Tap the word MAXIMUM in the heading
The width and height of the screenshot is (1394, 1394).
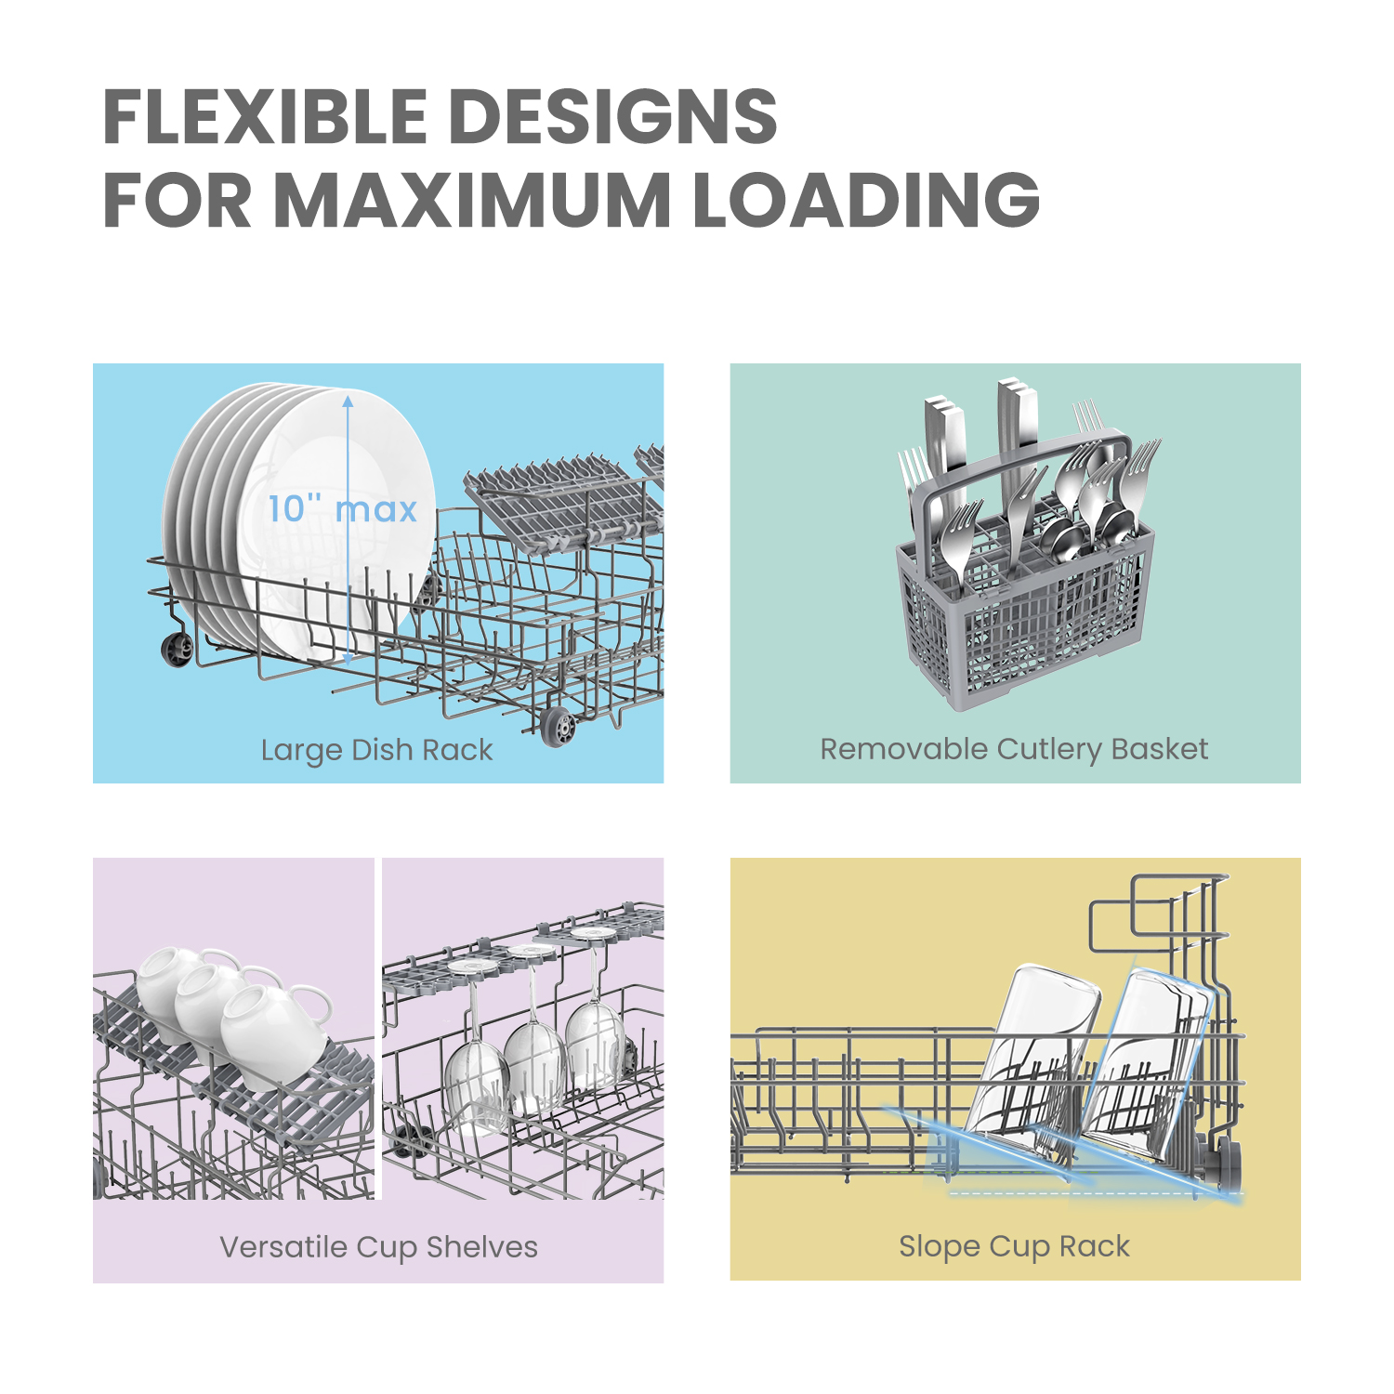pos(472,200)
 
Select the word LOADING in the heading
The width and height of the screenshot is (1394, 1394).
pos(866,200)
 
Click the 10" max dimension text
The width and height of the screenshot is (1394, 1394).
pos(342,509)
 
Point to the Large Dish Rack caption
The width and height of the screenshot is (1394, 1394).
pos(376,750)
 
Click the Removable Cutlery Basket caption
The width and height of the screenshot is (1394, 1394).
pos(1014,749)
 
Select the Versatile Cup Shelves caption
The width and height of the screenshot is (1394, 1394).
pos(378,1247)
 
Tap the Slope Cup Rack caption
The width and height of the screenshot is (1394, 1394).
pos(1014,1246)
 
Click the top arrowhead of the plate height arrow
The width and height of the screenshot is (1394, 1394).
pos(348,401)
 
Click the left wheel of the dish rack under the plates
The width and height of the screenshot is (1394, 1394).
pos(178,649)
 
